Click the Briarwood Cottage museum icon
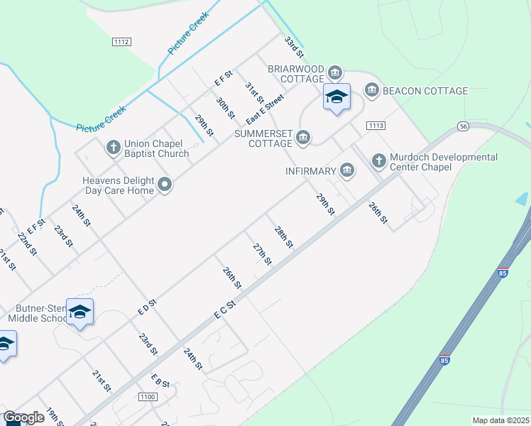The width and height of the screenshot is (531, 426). point(336,72)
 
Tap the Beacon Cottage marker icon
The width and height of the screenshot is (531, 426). point(372,90)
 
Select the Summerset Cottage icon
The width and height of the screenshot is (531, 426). point(303,137)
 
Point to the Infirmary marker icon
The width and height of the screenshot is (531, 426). point(347,170)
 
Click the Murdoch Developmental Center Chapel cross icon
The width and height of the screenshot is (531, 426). point(378,161)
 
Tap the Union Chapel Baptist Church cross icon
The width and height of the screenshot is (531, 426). point(113,148)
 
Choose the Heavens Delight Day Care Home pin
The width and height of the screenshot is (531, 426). point(165,185)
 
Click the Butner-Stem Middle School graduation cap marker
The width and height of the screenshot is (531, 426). point(80,312)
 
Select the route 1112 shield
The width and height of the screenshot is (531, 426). point(121,43)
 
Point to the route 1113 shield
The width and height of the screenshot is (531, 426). point(376,126)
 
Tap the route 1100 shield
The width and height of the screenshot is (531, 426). point(148,397)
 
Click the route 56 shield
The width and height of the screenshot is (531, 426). point(463,126)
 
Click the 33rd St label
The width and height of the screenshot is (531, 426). point(294,48)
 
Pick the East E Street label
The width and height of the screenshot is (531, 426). point(265,109)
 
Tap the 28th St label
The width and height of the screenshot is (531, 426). point(284,237)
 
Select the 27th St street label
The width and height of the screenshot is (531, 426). point(263,253)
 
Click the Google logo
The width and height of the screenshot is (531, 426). point(24,417)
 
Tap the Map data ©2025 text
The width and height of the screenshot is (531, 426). point(500,420)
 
